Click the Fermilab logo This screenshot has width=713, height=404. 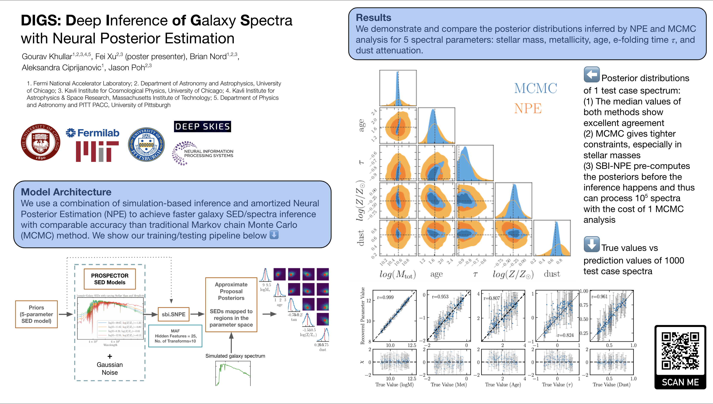pos(93,133)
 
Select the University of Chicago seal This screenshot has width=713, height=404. pos(41,142)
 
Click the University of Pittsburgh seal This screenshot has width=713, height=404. pos(146,145)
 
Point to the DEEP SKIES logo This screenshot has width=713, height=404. pos(202,127)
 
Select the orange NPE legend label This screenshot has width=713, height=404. pos(528,108)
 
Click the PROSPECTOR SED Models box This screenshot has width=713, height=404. pos(110,279)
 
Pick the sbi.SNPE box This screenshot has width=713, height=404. pos(174,314)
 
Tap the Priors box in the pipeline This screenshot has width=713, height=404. pos(36,314)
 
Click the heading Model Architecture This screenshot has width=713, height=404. pos(66,192)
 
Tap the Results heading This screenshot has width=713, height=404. pos(373,18)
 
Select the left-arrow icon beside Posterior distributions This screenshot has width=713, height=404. pos(592,74)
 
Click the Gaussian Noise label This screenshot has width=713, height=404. pos(110,369)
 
